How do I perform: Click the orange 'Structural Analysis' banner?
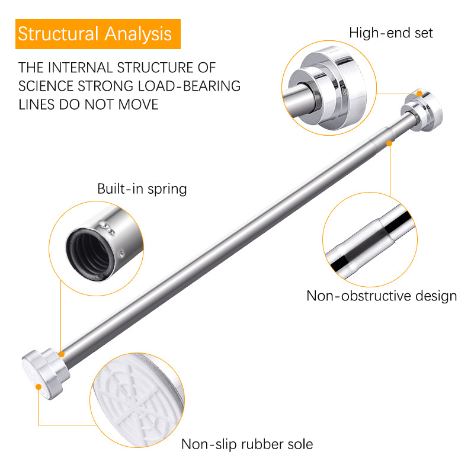(x=95, y=34)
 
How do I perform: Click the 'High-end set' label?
(x=390, y=33)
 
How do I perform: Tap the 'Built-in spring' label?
(x=142, y=190)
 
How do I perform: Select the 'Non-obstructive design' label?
(x=382, y=296)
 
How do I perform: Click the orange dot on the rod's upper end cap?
(x=419, y=94)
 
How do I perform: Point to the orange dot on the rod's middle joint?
(x=389, y=142)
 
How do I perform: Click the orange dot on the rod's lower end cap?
(x=39, y=387)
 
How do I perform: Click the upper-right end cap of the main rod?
(x=421, y=107)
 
